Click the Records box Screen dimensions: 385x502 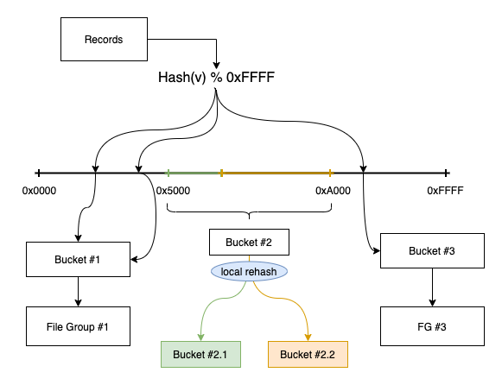(x=104, y=40)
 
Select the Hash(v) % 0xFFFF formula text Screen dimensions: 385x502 (x=216, y=78)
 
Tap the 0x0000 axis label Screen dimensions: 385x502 (x=39, y=191)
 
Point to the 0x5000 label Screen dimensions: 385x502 (x=174, y=191)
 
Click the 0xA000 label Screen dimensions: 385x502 (x=333, y=191)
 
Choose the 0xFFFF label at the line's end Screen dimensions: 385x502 (x=445, y=191)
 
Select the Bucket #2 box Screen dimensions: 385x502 (x=250, y=242)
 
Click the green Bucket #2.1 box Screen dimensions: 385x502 (x=200, y=355)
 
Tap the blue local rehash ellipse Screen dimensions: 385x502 (x=250, y=271)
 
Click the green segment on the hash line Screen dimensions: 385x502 (x=194, y=173)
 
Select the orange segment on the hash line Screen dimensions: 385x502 (x=276, y=173)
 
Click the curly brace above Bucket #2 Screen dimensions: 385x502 (x=250, y=212)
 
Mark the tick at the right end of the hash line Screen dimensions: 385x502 (x=446, y=173)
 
